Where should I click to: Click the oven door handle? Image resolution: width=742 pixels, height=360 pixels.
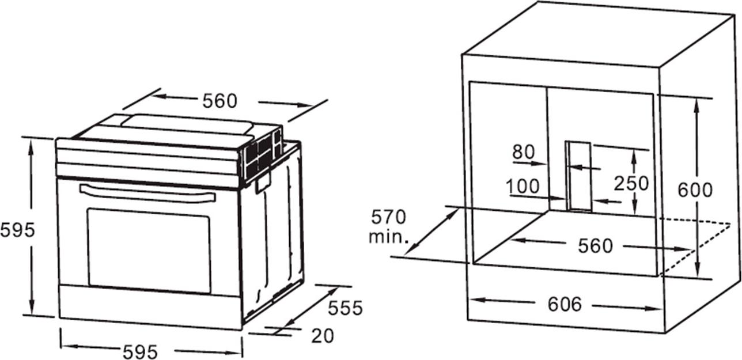[147, 193]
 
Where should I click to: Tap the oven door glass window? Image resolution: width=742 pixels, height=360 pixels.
[149, 251]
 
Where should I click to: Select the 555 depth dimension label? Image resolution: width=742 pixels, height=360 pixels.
[345, 308]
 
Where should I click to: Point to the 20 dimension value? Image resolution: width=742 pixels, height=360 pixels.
[323, 336]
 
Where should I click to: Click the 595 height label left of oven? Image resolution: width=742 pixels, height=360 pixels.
[17, 230]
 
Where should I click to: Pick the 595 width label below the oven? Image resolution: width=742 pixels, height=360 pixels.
[140, 352]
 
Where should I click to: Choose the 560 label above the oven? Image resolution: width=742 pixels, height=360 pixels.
[220, 101]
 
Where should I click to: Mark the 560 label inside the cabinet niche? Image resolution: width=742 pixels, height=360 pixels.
[595, 246]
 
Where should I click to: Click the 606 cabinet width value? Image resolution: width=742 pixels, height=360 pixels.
[565, 304]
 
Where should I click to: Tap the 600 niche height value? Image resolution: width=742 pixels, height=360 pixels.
[695, 190]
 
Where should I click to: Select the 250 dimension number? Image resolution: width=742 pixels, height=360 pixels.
[631, 184]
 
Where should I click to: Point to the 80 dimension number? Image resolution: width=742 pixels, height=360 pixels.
[524, 152]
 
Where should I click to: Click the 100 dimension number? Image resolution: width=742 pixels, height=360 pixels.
[523, 186]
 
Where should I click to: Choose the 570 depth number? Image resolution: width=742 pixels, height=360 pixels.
[388, 217]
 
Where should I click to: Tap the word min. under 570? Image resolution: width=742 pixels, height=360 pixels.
[388, 237]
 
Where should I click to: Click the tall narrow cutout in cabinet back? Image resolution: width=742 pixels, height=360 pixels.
[578, 176]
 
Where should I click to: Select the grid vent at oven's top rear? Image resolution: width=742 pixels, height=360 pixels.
[263, 156]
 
